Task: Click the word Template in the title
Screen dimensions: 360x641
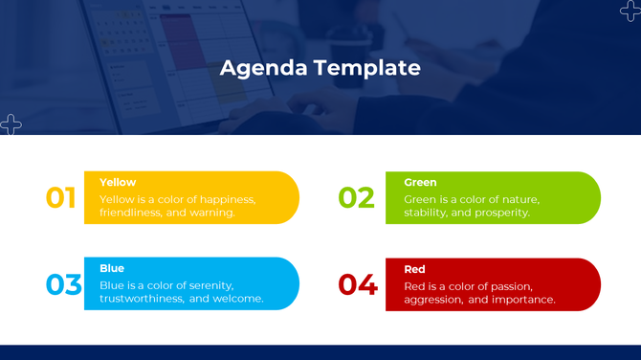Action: pyautogui.click(x=367, y=68)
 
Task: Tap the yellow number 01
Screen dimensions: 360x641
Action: pyautogui.click(x=61, y=198)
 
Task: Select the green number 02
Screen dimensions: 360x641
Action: pyautogui.click(x=356, y=198)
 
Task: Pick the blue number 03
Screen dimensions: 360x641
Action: pyautogui.click(x=63, y=284)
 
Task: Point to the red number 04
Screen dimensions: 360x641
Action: pyautogui.click(x=358, y=285)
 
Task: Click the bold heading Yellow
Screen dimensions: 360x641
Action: pyautogui.click(x=118, y=182)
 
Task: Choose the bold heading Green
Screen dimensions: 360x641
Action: pyautogui.click(x=420, y=182)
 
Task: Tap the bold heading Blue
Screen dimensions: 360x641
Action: pyautogui.click(x=112, y=268)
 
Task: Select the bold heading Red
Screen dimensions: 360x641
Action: pyautogui.click(x=414, y=269)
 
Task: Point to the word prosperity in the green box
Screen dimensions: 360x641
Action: pyautogui.click(x=498, y=213)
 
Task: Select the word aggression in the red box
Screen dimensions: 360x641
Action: pyautogui.click(x=433, y=300)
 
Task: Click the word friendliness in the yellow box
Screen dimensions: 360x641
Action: pyautogui.click(x=130, y=213)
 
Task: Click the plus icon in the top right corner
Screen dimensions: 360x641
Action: pyautogui.click(x=630, y=11)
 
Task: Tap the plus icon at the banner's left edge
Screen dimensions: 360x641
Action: pyautogui.click(x=11, y=124)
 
